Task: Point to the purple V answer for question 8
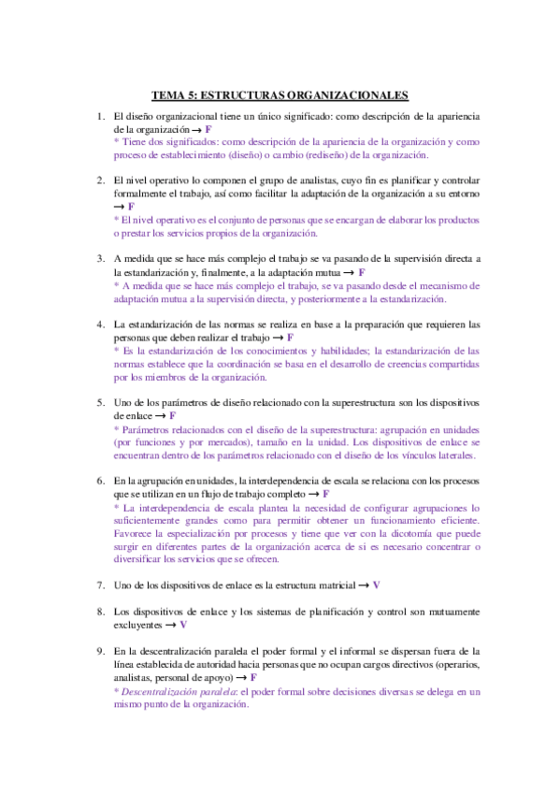pos(183,624)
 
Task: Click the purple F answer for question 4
pos(291,337)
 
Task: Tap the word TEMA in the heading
pos(168,94)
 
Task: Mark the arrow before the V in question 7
pos(363,584)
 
